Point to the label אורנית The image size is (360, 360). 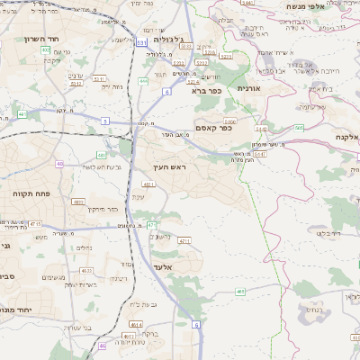click(x=247, y=89)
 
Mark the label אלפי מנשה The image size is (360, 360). click(x=305, y=6)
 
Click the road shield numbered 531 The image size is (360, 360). click(x=142, y=42)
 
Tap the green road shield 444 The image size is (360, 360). click(x=143, y=80)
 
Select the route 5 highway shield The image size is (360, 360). click(x=105, y=121)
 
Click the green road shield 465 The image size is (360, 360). click(x=240, y=291)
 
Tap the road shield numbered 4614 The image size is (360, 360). click(x=135, y=324)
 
